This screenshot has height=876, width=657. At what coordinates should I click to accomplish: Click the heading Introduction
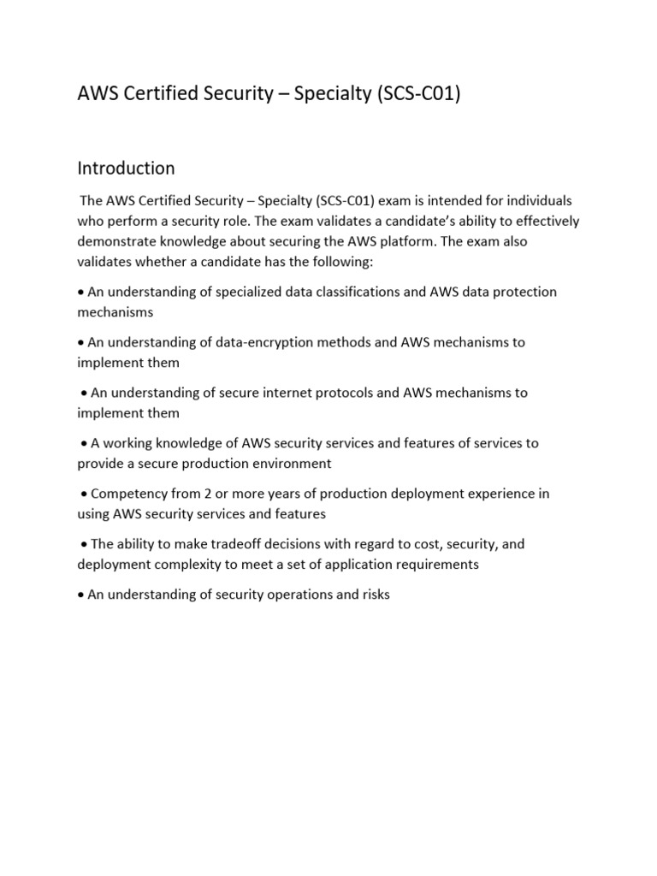126,168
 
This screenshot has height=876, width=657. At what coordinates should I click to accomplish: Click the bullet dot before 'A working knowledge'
85,444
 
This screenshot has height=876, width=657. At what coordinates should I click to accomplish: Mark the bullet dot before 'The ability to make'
85,545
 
